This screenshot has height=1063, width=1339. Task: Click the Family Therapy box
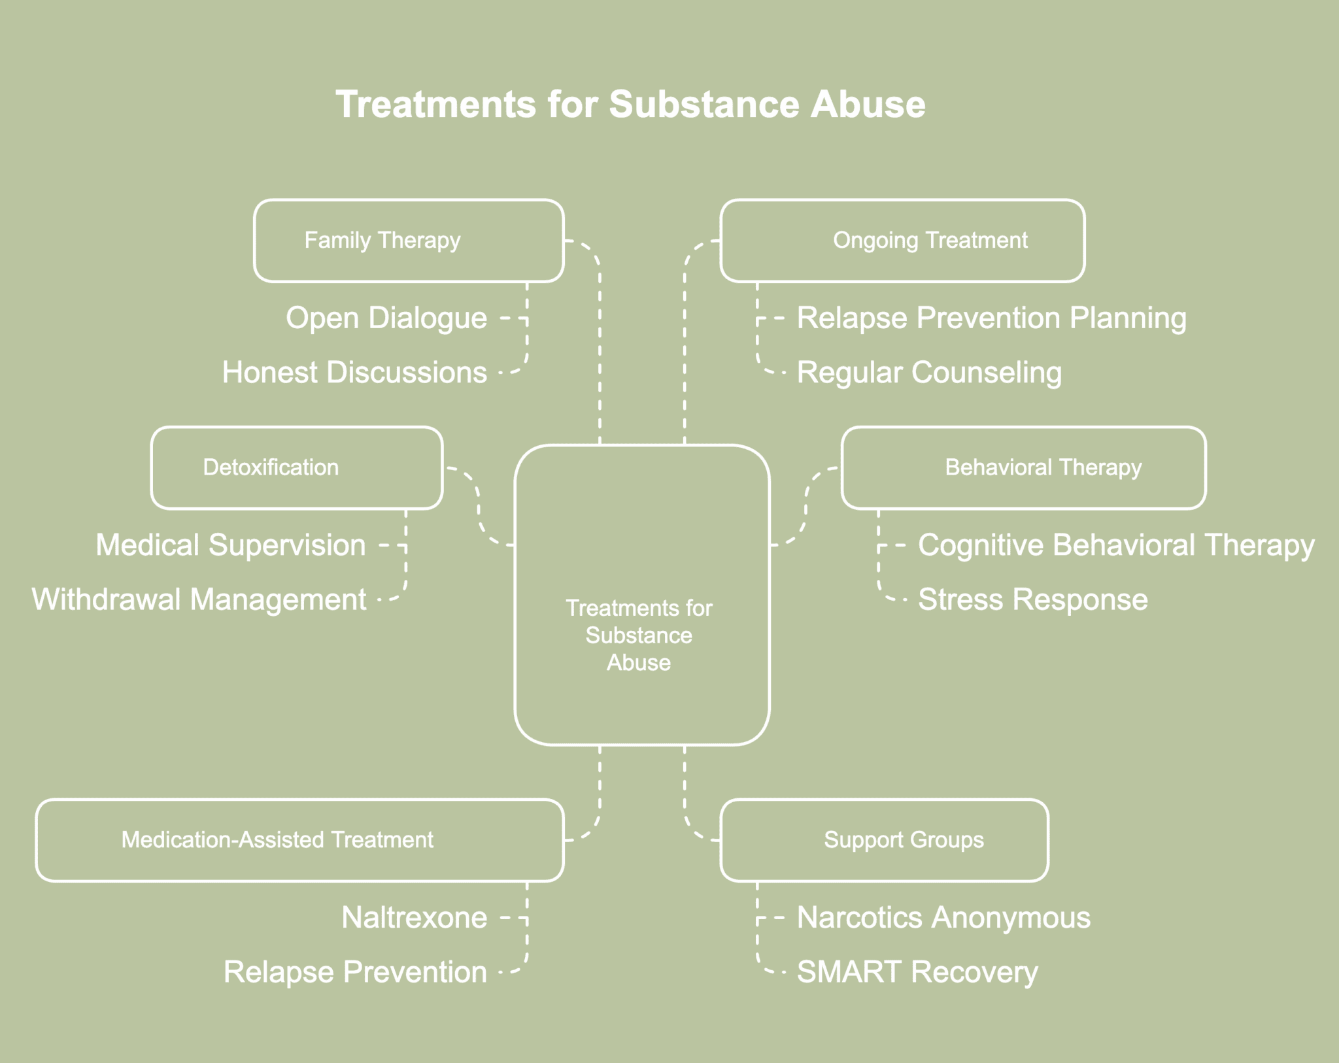(x=409, y=241)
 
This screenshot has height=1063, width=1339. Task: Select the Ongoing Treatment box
(x=902, y=241)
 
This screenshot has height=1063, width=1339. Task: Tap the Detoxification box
(x=296, y=468)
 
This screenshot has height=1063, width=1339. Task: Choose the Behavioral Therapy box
(x=1023, y=468)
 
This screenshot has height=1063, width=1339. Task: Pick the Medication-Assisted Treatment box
(x=299, y=840)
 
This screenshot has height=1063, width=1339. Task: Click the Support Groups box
(x=884, y=840)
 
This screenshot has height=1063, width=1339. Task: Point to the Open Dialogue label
(x=386, y=318)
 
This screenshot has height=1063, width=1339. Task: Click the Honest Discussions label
(x=354, y=373)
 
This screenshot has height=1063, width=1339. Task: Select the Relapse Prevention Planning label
(x=991, y=318)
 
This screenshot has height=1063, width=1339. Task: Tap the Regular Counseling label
(x=929, y=373)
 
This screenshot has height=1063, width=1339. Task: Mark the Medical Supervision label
(x=231, y=545)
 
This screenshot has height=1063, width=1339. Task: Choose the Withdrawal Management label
(x=199, y=599)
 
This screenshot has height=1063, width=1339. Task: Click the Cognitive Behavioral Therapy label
(x=1115, y=545)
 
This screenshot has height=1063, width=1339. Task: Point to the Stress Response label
(x=1032, y=599)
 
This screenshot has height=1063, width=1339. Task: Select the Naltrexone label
(x=415, y=918)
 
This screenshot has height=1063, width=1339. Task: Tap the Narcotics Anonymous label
(x=943, y=918)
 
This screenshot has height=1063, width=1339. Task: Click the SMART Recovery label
(x=917, y=972)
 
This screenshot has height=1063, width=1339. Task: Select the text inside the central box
(x=639, y=635)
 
